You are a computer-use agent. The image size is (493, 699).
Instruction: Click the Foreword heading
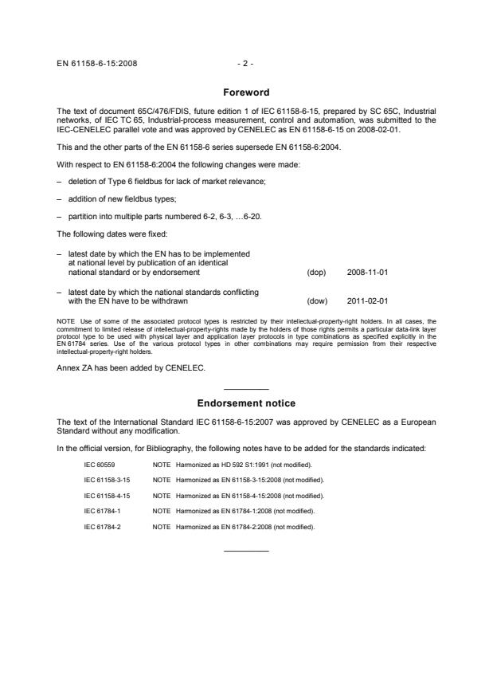pyautogui.click(x=246, y=92)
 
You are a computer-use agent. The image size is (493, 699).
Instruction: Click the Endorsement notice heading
pyautogui.click(x=246, y=403)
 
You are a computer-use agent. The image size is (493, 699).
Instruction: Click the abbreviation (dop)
pyautogui.click(x=316, y=273)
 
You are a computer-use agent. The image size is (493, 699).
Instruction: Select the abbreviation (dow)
pyautogui.click(x=316, y=301)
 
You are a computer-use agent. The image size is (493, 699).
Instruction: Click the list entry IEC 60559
pyautogui.click(x=100, y=463)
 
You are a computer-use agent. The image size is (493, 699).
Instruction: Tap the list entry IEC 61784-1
pyautogui.click(x=102, y=510)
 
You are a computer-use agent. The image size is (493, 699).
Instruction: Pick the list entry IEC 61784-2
pyautogui.click(x=102, y=526)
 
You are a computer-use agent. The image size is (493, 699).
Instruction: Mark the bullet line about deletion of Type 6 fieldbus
pyautogui.click(x=144, y=183)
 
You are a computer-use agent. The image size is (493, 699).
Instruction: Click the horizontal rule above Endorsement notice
pyautogui.click(x=246, y=388)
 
